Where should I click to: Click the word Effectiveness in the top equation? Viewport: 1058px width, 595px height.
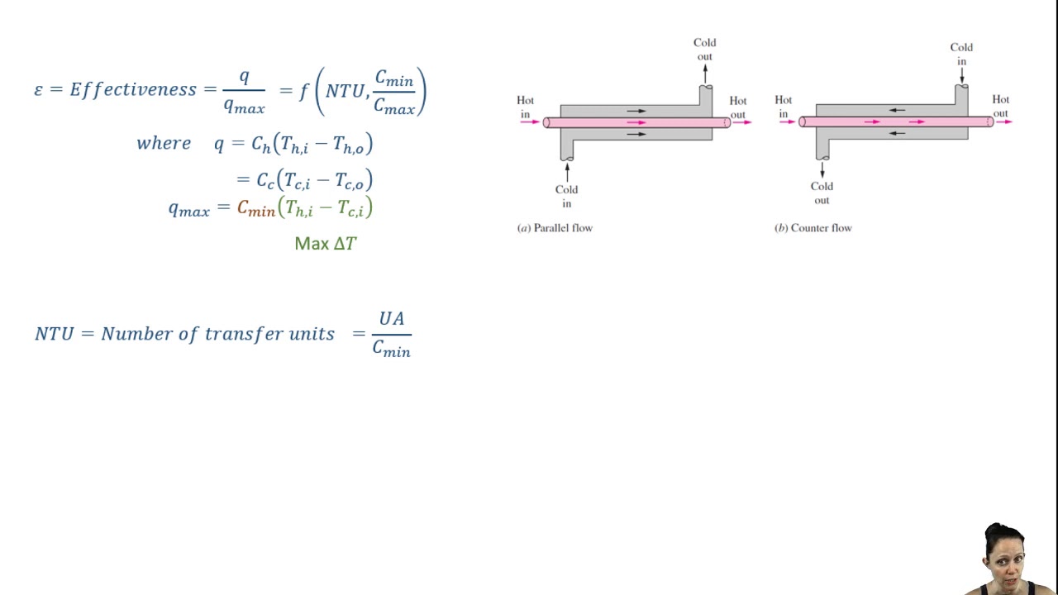(133, 89)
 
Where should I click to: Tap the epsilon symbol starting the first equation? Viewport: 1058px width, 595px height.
(38, 90)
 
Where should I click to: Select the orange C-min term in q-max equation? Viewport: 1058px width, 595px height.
(255, 208)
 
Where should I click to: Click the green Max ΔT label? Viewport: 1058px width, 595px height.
(326, 244)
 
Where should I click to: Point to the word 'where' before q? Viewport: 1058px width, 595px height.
(164, 143)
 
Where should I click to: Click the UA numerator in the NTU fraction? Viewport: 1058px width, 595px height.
(391, 319)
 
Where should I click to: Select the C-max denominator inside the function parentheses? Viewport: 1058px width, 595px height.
(393, 106)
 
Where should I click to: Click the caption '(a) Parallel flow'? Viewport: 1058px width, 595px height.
(555, 228)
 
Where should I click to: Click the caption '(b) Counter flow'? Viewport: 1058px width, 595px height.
(813, 228)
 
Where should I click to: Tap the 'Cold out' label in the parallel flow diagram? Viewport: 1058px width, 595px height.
(704, 50)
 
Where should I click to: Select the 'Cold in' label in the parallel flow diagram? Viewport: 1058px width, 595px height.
(566, 197)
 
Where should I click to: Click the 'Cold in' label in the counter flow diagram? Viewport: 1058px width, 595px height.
(961, 55)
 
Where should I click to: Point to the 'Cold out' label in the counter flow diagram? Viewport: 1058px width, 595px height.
(822, 193)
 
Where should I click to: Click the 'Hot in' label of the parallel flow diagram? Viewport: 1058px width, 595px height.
(525, 107)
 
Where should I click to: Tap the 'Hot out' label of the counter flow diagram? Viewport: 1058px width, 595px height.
(1000, 107)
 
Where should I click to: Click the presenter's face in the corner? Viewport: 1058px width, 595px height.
(1003, 555)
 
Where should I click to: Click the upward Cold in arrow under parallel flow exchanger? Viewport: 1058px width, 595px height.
(567, 171)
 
